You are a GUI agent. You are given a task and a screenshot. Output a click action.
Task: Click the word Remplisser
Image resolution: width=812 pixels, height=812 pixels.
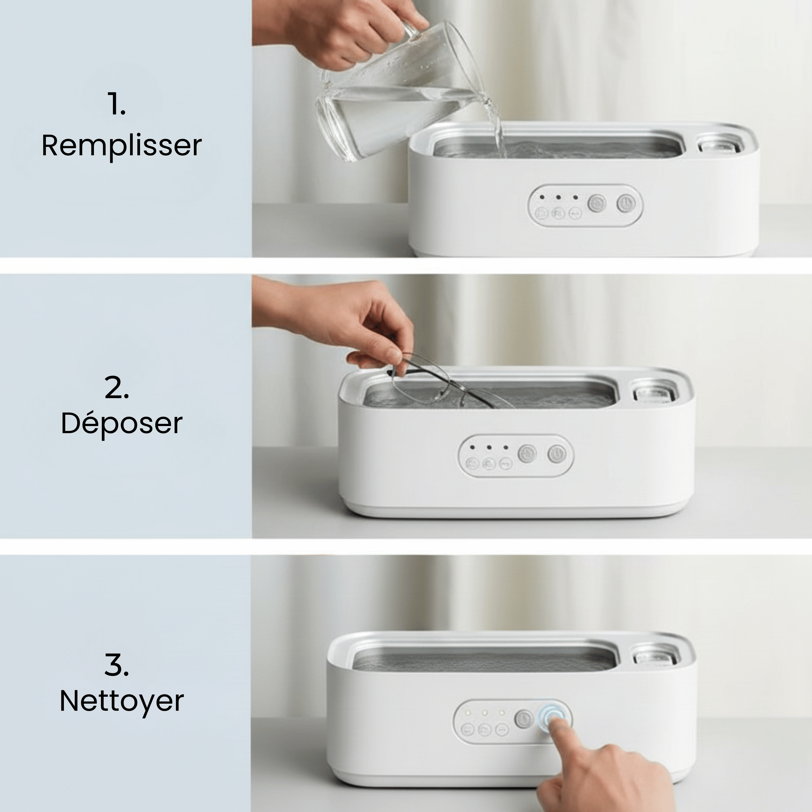pos(122,146)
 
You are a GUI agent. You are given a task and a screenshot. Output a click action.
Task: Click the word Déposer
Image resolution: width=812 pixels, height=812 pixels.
pos(122,424)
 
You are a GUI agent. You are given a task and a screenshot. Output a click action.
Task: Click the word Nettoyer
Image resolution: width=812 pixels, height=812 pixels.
pos(122,701)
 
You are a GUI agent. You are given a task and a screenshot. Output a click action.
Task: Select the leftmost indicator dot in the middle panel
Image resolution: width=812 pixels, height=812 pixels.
pos(473,448)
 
